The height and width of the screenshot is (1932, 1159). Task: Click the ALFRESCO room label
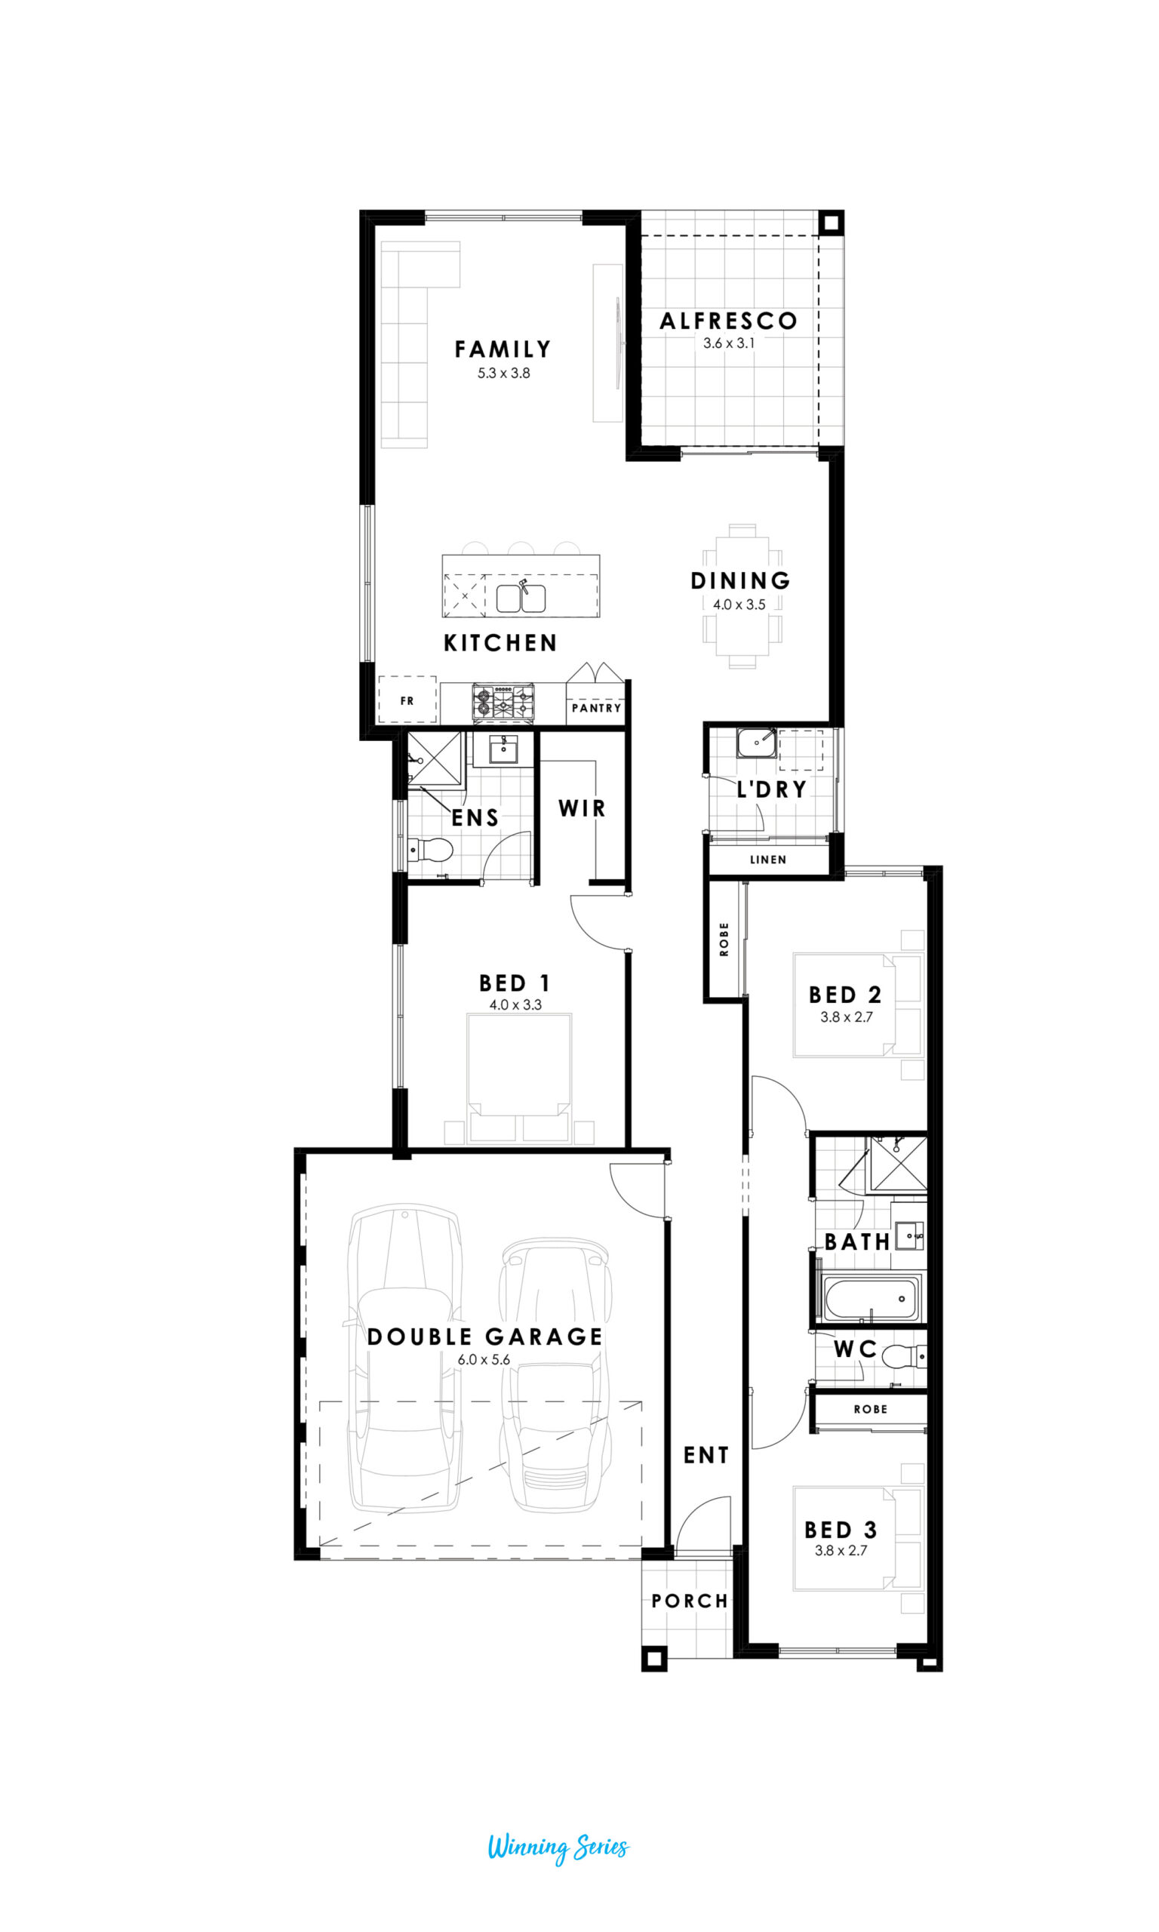coord(728,321)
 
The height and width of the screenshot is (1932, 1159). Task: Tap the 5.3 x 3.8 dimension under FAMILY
coord(504,374)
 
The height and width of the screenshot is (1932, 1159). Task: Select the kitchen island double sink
coord(521,598)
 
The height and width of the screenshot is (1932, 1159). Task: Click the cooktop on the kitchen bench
coord(503,701)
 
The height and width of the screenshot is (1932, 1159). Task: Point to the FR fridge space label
coord(407,700)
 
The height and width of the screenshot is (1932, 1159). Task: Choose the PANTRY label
coord(596,707)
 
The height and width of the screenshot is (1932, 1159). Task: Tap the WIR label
coord(582,808)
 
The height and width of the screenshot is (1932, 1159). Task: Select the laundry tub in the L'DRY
coord(756,743)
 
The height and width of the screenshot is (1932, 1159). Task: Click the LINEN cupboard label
coord(767,859)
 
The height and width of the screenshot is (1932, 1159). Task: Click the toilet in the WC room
coord(904,1356)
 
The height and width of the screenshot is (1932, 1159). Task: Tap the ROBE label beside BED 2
coord(724,939)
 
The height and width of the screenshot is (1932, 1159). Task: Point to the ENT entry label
coord(706,1455)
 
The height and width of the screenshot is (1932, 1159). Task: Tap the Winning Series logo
coord(558,1847)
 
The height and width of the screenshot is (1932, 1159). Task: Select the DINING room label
coord(740,580)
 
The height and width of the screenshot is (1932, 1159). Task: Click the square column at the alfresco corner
coord(831,223)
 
